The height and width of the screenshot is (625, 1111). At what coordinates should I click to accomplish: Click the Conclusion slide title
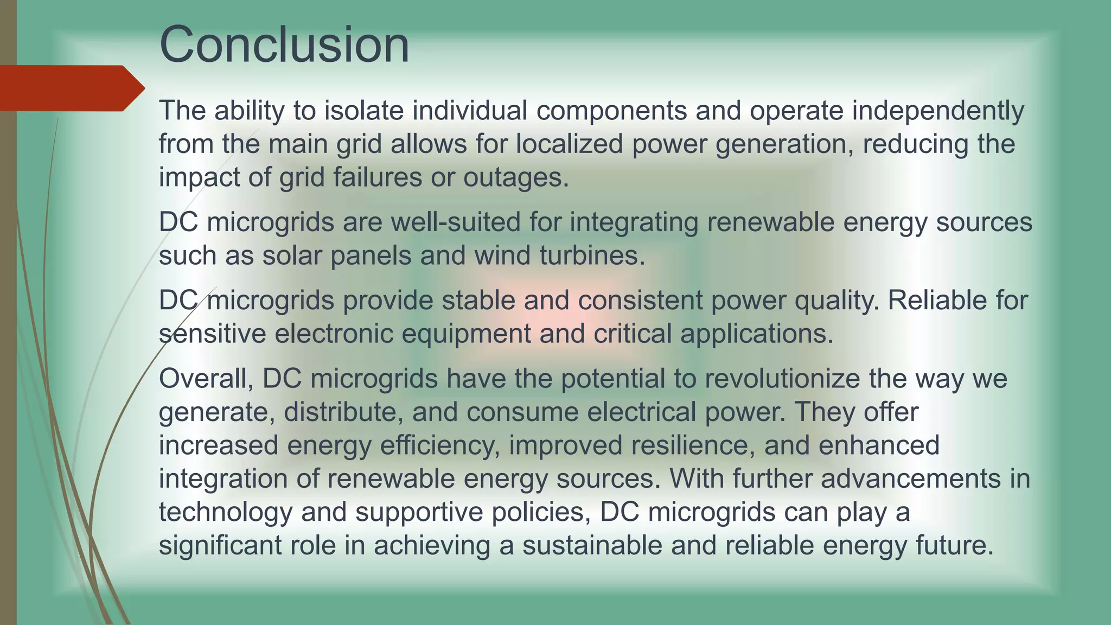pyautogui.click(x=284, y=44)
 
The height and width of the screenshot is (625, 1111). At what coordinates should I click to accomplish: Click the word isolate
pyautogui.click(x=364, y=111)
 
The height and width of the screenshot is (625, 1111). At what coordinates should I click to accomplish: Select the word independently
pyautogui.click(x=938, y=111)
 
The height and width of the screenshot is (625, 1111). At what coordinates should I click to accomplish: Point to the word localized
pyautogui.click(x=569, y=144)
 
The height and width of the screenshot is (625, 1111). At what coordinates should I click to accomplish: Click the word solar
pyautogui.click(x=292, y=256)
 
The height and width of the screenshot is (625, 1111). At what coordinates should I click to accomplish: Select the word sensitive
pyautogui.click(x=212, y=334)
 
